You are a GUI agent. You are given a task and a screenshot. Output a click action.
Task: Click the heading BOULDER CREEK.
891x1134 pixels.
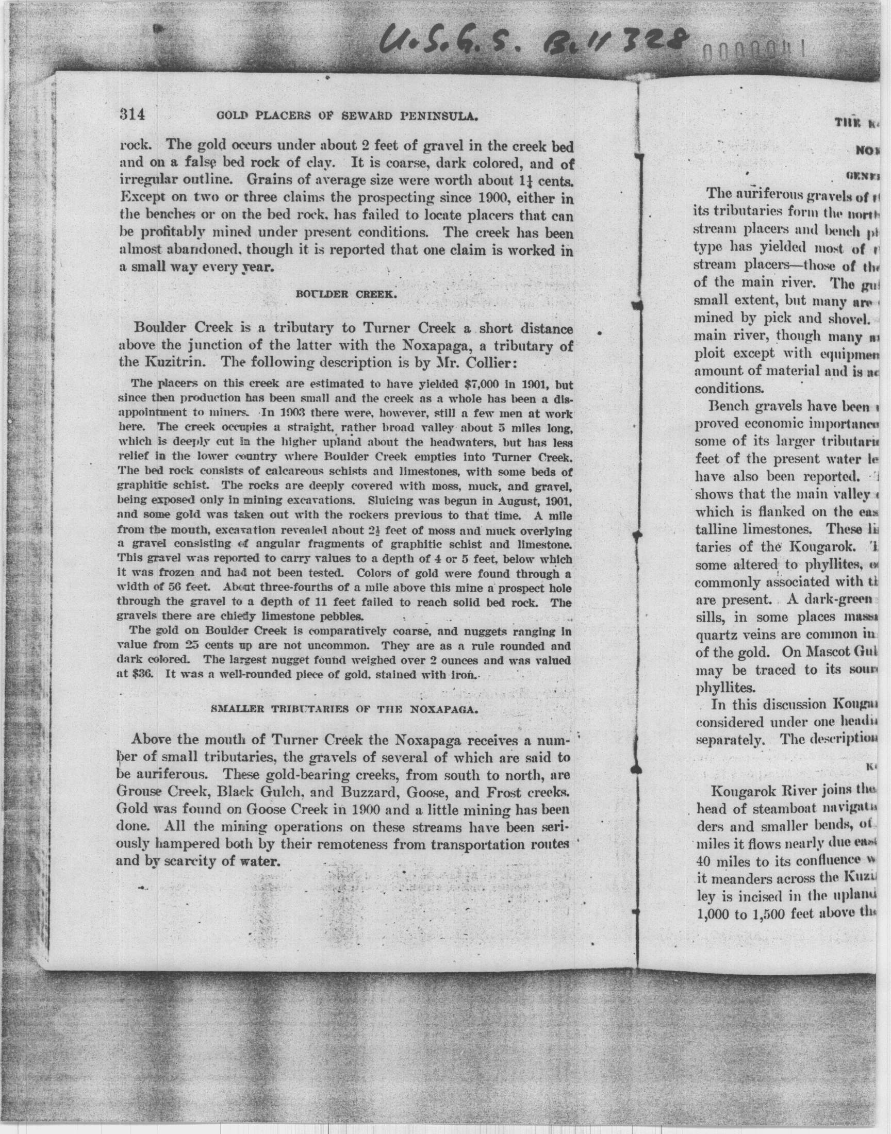(347, 294)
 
